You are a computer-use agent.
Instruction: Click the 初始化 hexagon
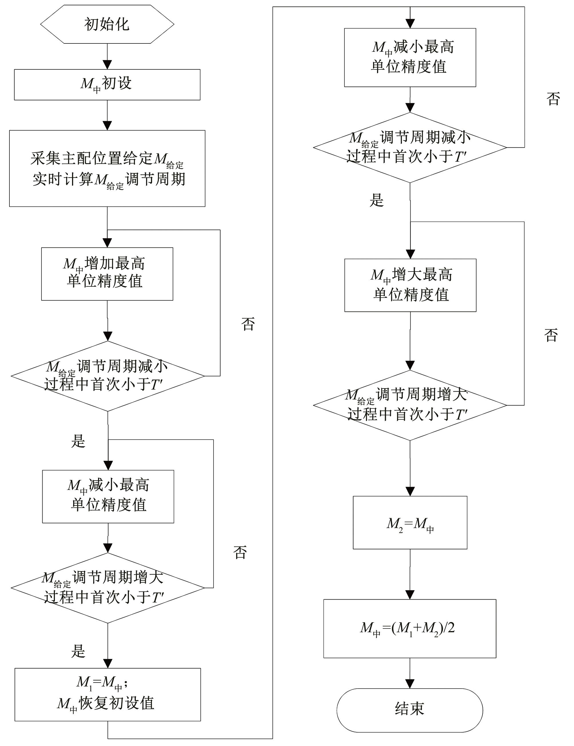(x=107, y=24)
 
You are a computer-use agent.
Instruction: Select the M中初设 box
(x=107, y=85)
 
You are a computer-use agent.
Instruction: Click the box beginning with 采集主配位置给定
(x=107, y=168)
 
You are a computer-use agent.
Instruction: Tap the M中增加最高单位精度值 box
(x=107, y=274)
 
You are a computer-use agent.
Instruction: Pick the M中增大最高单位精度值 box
(x=410, y=285)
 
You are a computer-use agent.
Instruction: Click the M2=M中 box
(x=410, y=522)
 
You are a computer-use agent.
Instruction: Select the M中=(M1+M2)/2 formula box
(x=410, y=629)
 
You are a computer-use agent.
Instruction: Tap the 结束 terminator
(x=410, y=710)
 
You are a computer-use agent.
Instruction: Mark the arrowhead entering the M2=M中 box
(x=410, y=492)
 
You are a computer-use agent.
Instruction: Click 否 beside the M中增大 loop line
(x=551, y=336)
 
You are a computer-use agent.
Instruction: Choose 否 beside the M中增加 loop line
(x=248, y=324)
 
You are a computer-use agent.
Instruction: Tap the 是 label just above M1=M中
(x=78, y=651)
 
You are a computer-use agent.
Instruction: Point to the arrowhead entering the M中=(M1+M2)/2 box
(x=410, y=595)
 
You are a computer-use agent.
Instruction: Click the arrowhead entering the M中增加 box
(x=107, y=243)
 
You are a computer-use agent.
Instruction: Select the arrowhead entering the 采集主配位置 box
(x=107, y=126)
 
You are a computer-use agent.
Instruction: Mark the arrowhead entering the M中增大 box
(x=410, y=254)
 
